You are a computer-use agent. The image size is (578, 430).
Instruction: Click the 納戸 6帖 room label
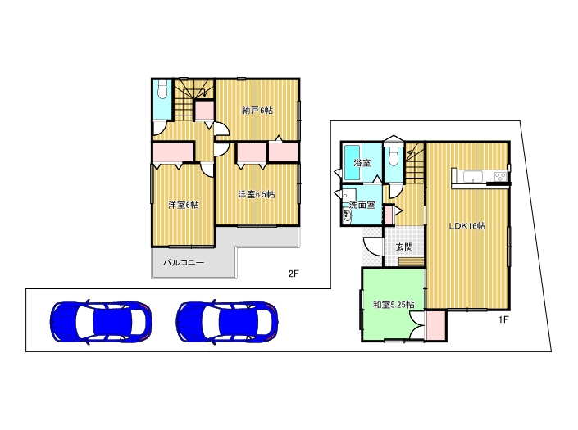[257, 110]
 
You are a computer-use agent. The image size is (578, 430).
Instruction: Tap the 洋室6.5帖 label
[257, 194]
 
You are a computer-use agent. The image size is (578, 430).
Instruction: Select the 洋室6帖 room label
[184, 205]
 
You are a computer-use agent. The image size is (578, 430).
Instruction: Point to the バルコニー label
[184, 263]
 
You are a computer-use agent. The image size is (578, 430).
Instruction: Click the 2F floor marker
[294, 274]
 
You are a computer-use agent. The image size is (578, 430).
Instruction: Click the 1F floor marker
[503, 319]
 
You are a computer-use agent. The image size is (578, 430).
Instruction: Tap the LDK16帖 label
[467, 226]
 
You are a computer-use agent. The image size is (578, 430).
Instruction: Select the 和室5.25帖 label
[394, 305]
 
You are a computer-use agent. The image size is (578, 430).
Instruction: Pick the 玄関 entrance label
[404, 247]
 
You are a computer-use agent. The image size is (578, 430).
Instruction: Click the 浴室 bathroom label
[362, 162]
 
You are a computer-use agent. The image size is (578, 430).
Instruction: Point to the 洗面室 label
[362, 205]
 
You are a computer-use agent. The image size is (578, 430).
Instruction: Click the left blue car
[101, 321]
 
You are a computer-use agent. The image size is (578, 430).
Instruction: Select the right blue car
[227, 321]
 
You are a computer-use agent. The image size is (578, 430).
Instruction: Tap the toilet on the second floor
[162, 89]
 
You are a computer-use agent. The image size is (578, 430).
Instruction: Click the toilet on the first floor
[394, 157]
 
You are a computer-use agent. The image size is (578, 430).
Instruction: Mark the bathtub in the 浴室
[352, 161]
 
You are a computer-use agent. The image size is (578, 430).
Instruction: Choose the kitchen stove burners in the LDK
[501, 176]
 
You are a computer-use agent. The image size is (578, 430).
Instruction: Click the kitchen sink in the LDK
[473, 177]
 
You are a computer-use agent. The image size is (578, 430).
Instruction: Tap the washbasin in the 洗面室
[348, 216]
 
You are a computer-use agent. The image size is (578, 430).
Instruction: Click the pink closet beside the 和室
[435, 326]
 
